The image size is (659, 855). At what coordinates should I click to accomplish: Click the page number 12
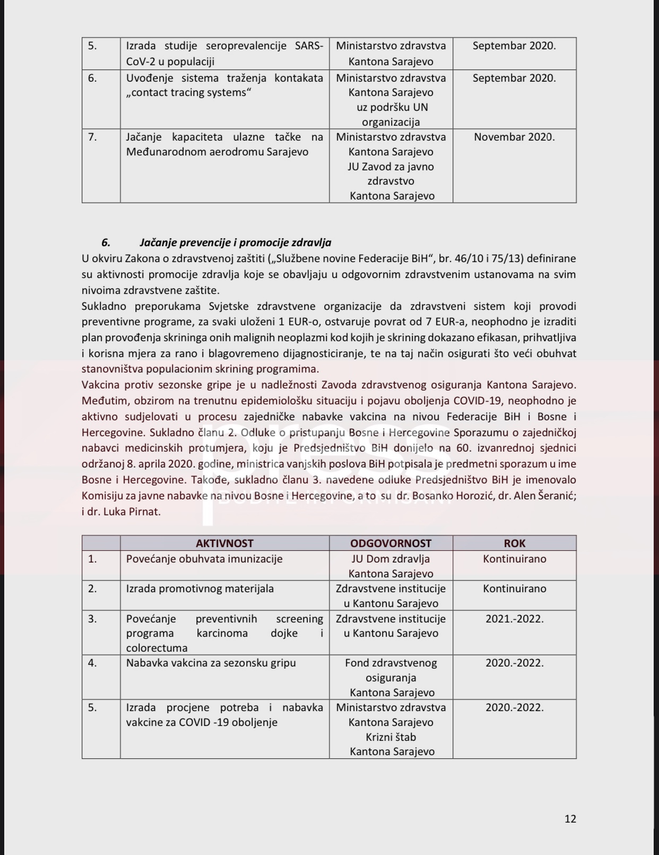click(570, 818)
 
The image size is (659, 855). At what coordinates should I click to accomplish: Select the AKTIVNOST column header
click(224, 543)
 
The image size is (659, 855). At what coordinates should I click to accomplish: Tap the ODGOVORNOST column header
click(391, 543)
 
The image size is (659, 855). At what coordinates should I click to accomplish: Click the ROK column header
click(514, 543)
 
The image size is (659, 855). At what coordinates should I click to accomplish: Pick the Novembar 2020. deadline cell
click(514, 137)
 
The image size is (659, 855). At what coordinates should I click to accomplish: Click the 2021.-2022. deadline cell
click(514, 618)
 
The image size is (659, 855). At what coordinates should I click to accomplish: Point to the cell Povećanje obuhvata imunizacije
click(204, 559)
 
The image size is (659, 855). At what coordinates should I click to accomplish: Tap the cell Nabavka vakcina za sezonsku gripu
click(211, 663)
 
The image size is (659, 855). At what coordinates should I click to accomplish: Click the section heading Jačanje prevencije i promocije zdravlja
click(235, 243)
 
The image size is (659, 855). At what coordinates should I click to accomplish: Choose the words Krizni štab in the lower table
click(391, 737)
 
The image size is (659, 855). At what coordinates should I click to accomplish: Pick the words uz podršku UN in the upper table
click(392, 107)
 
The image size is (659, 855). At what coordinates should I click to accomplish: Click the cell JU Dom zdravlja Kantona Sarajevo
click(391, 566)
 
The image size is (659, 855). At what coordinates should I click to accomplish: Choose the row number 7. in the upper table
click(92, 137)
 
